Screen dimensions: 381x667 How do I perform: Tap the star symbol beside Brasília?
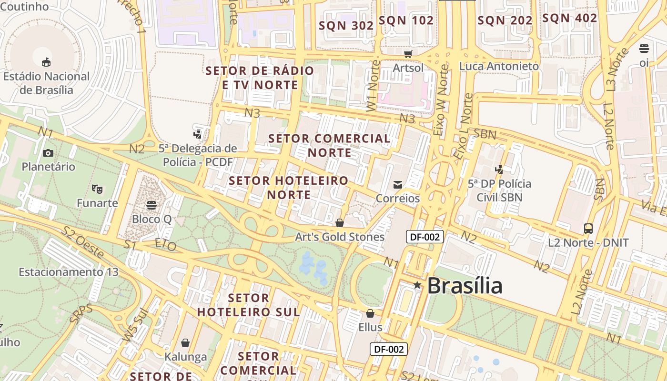[417, 285]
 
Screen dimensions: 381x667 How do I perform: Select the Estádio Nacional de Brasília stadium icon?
[46, 62]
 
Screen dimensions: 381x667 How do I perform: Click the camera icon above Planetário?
[48, 153]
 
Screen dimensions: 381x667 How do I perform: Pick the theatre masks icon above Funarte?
[97, 189]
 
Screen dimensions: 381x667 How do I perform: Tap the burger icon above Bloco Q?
[152, 205]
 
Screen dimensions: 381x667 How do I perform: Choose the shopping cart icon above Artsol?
[408, 54]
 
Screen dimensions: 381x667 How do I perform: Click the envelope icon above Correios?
[397, 184]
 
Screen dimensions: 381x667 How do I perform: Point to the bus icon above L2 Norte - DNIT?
[588, 229]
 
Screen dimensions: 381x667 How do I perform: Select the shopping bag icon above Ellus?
[370, 313]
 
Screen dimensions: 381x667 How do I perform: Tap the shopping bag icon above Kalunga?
[185, 343]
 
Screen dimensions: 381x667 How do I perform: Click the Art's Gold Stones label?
[340, 237]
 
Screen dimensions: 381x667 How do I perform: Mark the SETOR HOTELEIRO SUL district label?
[249, 305]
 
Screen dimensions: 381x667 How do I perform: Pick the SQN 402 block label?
[570, 18]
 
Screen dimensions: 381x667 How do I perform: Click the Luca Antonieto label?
[499, 66]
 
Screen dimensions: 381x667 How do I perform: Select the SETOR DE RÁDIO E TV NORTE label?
[260, 78]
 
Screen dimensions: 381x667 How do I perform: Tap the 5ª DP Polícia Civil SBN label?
[499, 190]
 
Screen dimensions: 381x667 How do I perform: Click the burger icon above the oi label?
[644, 48]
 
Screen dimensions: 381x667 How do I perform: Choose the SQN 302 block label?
[346, 26]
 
